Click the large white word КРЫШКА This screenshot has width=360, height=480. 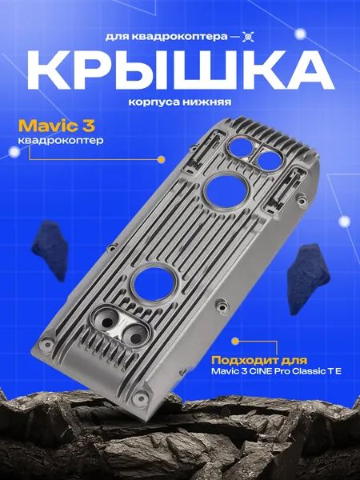[x=181, y=70]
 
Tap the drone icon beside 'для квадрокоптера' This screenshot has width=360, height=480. [x=248, y=37]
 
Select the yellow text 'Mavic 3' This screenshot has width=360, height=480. [x=57, y=126]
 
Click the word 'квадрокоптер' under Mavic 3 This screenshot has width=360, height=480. [x=61, y=141]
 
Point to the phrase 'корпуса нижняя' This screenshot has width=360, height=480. [x=180, y=102]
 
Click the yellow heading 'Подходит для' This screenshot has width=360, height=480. [x=259, y=360]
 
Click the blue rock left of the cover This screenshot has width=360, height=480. [x=50, y=250]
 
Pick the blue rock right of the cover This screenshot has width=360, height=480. [x=309, y=278]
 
